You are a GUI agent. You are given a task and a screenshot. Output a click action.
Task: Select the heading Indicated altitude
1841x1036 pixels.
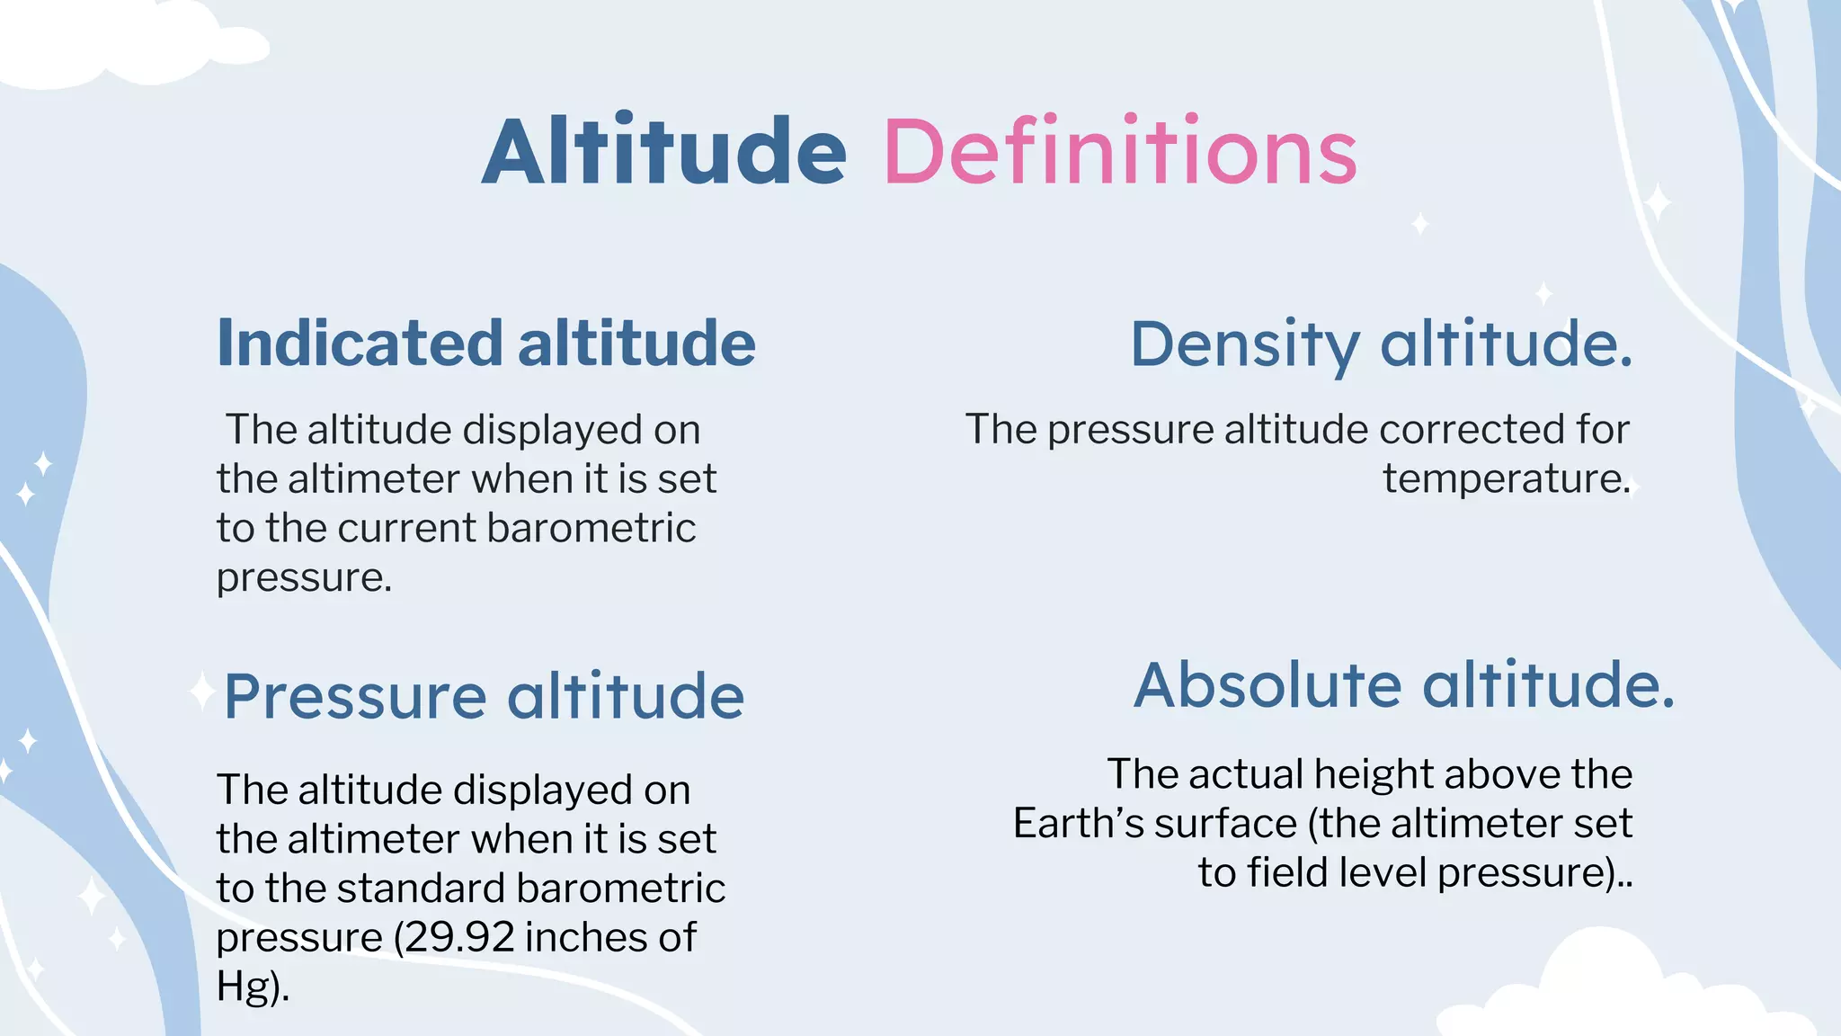point(486,344)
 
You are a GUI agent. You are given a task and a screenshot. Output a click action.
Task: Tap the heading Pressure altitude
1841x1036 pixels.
point(484,696)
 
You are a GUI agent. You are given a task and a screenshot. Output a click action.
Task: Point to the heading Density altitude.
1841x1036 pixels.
point(1381,344)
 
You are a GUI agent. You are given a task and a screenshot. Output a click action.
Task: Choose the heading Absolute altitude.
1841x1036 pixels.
point(1404,685)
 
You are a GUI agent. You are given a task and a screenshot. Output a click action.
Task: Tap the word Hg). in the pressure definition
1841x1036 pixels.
point(253,987)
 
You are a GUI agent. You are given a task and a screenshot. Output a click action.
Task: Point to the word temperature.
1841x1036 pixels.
point(1506,478)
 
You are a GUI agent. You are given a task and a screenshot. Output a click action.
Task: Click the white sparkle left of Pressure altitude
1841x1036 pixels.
point(201,692)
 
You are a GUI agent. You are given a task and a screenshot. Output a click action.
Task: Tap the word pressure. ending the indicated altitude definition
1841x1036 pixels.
point(304,577)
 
